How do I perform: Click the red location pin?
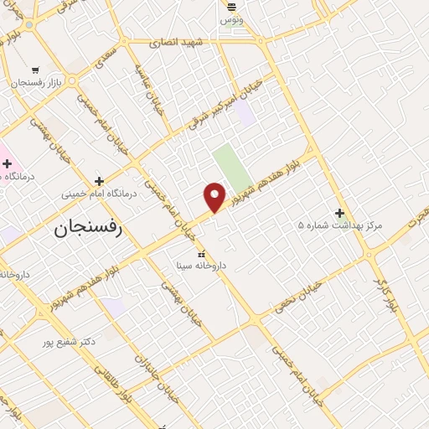tap(215, 196)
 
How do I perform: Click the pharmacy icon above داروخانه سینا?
tap(200, 253)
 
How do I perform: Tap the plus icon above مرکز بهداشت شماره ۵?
tap(339, 213)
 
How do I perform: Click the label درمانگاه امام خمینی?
tap(98, 194)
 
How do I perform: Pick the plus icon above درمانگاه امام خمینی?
tap(99, 181)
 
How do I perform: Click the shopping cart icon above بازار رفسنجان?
tap(35, 70)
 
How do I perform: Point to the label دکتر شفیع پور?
tap(72, 342)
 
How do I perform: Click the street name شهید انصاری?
tap(176, 41)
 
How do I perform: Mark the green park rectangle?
tap(230, 168)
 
